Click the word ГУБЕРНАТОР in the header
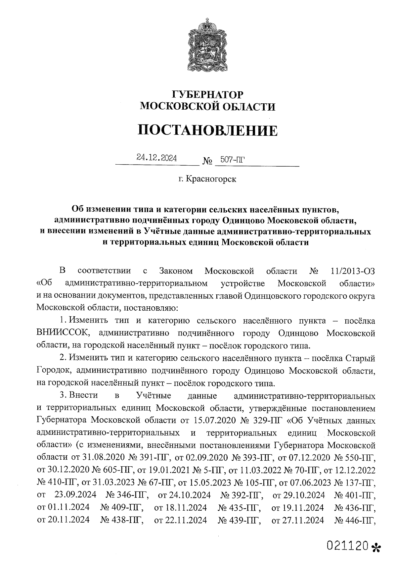(207, 94)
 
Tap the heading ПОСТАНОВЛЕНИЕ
(207, 130)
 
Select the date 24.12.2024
(157, 158)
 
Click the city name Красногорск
(211, 179)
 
